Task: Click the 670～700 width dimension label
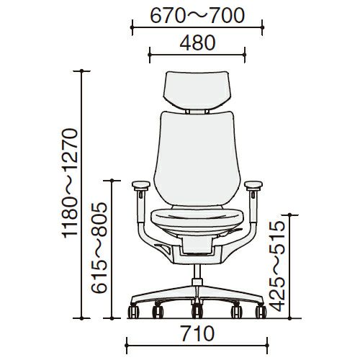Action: tap(197, 16)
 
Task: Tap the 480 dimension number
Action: tap(197, 43)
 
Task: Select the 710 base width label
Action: tap(197, 333)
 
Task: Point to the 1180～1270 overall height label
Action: tap(71, 183)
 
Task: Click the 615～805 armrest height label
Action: tap(99, 248)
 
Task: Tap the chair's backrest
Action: tap(197, 158)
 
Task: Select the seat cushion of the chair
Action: tap(197, 218)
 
